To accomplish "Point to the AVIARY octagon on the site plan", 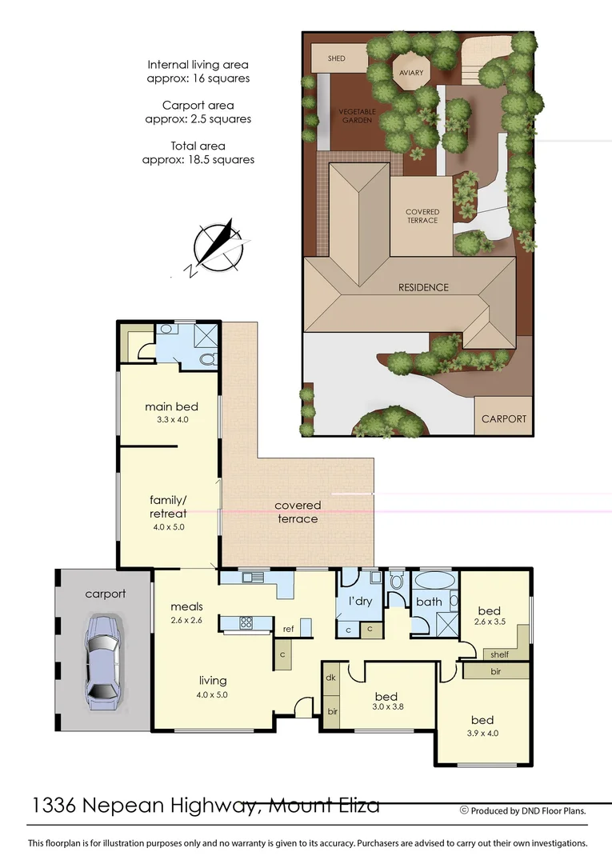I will [x=410, y=73].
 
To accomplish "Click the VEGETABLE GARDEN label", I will [x=356, y=115].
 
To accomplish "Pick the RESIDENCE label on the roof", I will [x=424, y=287].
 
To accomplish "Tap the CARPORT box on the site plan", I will [x=504, y=418].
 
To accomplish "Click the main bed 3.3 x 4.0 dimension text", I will [x=171, y=419].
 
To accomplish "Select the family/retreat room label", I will [x=168, y=506].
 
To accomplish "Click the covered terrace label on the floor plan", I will [x=298, y=512].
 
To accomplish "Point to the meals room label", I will [x=186, y=607].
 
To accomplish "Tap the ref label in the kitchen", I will [x=288, y=630].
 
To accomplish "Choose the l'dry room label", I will [x=360, y=601].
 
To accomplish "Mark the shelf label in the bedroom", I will [x=499, y=654].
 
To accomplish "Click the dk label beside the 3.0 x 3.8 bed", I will [x=330, y=678].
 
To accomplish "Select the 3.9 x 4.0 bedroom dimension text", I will [x=482, y=733].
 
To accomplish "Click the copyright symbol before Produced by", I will [x=464, y=810].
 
